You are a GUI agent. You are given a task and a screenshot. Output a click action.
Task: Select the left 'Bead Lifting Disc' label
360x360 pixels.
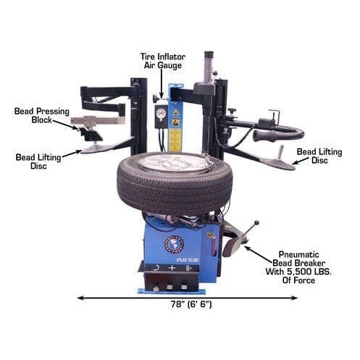(37, 159)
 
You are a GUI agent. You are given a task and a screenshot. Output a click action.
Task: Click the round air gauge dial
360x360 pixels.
(161, 114)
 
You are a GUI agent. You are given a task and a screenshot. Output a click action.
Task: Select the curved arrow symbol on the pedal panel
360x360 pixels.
(154, 268)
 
